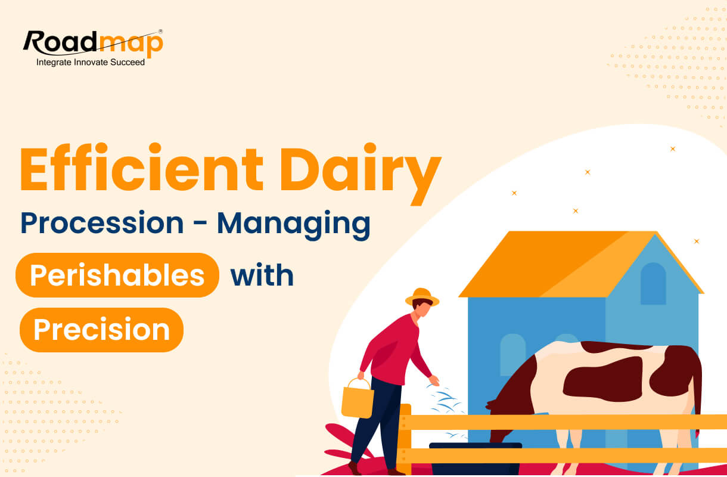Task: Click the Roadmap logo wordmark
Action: pyautogui.click(x=92, y=44)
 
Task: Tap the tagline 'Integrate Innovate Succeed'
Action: pyautogui.click(x=91, y=62)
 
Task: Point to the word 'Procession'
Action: pyautogui.click(x=102, y=223)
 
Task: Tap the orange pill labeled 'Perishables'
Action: pyautogui.click(x=117, y=275)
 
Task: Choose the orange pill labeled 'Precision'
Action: pyautogui.click(x=101, y=330)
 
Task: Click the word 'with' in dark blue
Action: pyautogui.click(x=262, y=275)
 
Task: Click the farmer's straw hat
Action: pyautogui.click(x=422, y=297)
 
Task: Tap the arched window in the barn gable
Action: pyautogui.click(x=653, y=284)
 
